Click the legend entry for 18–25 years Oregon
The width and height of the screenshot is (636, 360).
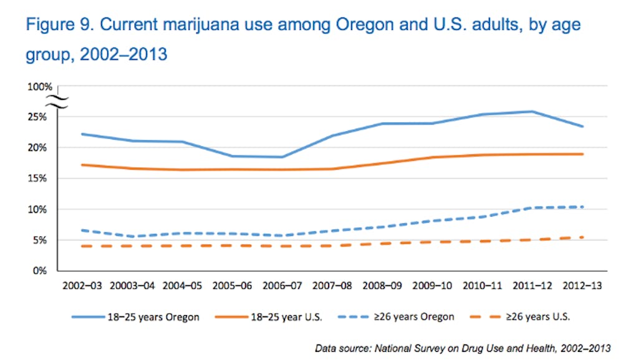tap(135, 317)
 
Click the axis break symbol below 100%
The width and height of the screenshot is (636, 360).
tap(57, 102)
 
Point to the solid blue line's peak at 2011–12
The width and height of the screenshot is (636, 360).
tap(532, 112)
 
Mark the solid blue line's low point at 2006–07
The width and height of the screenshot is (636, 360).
tap(282, 157)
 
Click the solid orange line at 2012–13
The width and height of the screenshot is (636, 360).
tap(582, 154)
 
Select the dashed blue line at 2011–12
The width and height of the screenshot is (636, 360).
tap(532, 207)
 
